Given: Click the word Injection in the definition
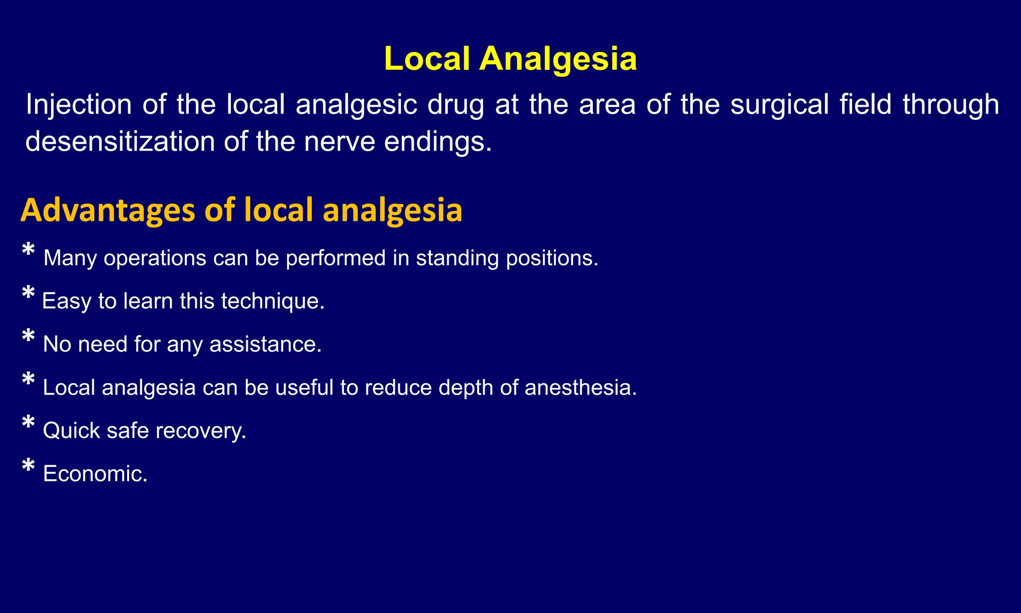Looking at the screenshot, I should point(79,105).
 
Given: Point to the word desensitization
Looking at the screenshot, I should point(119,142).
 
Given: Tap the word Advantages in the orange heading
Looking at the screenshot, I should point(108,210).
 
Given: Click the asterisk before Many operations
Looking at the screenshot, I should point(28,249).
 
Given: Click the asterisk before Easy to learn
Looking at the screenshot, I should point(28,292).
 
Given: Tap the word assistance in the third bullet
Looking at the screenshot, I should point(265,344).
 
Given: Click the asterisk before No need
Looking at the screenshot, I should point(28,335).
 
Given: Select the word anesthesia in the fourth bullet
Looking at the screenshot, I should point(580,388).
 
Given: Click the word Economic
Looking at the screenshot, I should point(95,474).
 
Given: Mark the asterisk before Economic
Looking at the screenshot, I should point(28,464).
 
